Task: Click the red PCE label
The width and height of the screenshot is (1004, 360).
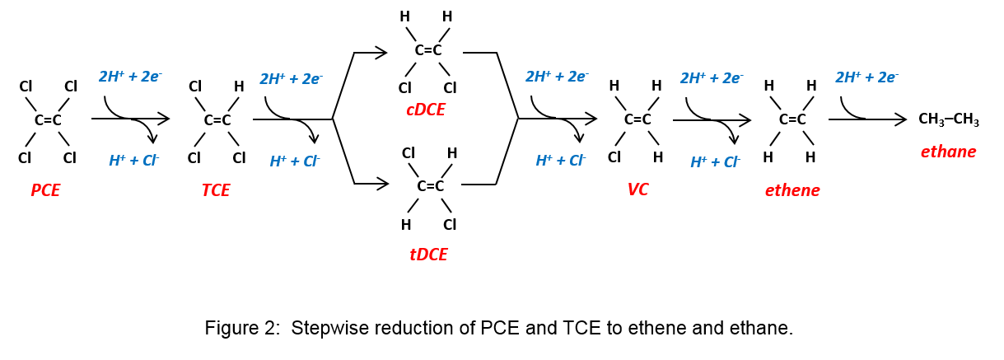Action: coord(45,190)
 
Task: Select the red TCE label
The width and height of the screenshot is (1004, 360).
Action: coord(215,190)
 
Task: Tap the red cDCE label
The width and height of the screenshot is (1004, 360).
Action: coord(425,110)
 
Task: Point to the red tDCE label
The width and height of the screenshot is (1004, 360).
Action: coord(428,255)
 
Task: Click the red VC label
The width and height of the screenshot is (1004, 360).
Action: coord(637,189)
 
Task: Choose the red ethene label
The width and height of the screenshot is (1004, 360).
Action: coord(792,190)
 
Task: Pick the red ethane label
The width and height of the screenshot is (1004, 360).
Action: coord(948,152)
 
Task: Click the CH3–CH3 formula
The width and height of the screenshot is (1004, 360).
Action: coord(948,120)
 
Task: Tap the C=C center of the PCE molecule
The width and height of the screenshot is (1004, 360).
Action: coord(48,120)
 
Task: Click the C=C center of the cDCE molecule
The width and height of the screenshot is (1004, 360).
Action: coord(427,50)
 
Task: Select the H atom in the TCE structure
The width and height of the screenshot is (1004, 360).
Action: coord(239,86)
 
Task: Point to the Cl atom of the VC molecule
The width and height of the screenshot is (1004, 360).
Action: coord(614,157)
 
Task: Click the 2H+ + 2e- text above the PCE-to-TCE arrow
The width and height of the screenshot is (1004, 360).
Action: coord(130,77)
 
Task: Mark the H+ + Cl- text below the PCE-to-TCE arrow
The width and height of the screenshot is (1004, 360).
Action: coord(133,161)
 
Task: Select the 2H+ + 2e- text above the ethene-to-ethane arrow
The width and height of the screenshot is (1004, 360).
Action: coord(866,78)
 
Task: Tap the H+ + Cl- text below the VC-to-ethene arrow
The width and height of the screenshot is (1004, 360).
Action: coord(715,162)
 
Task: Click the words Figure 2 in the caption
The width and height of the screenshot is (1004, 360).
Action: coord(239,328)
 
